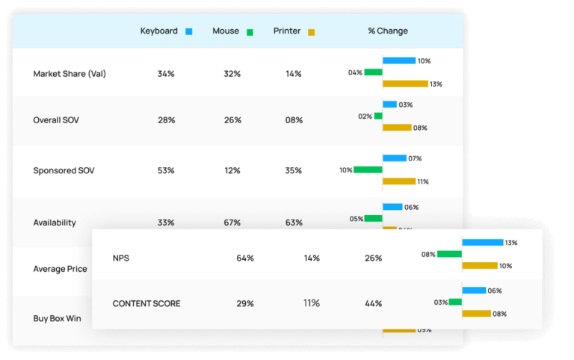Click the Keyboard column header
158,31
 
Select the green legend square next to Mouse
250,32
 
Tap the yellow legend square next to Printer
311,32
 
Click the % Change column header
388,31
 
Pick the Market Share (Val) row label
70,74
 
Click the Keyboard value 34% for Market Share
166,74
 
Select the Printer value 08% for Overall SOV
294,120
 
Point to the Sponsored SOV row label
64,170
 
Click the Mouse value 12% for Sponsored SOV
232,170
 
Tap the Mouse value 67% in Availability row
232,223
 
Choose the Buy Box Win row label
58,318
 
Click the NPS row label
120,258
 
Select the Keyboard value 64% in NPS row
245,258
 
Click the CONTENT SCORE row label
146,304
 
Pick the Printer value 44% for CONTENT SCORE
373,304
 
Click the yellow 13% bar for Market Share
405,84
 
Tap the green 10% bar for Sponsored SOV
368,170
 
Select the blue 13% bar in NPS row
482,243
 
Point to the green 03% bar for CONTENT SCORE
455,302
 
